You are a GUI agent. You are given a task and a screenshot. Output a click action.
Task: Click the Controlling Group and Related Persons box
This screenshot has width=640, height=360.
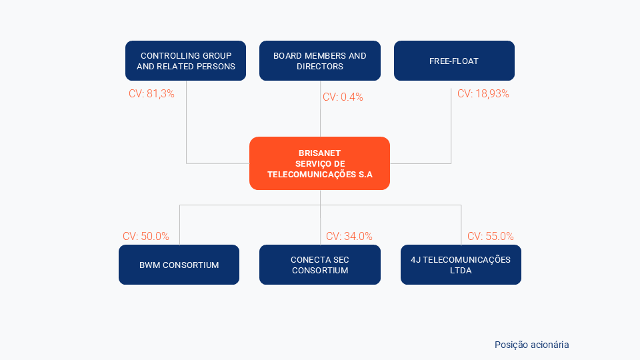pyautogui.click(x=186, y=61)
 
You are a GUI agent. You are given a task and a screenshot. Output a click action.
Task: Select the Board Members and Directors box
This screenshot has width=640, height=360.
pyautogui.click(x=320, y=61)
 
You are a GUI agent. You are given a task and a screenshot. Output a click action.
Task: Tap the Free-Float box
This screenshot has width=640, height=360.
pyautogui.click(x=454, y=61)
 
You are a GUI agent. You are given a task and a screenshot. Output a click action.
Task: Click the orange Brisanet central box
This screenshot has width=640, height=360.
pyautogui.click(x=319, y=163)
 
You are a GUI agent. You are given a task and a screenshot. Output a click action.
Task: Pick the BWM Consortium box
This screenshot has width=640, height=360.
pyautogui.click(x=179, y=265)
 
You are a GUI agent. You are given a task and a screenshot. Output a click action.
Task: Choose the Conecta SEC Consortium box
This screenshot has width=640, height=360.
pyautogui.click(x=320, y=265)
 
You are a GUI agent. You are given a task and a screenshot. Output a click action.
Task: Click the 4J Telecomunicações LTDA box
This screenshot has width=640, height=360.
pyautogui.click(x=461, y=265)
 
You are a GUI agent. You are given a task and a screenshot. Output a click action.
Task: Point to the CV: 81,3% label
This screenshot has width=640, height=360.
pyautogui.click(x=151, y=94)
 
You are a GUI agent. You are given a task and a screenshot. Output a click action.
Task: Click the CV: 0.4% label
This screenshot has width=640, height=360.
pyautogui.click(x=343, y=97)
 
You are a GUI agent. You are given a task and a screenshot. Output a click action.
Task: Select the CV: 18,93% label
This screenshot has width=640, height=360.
pyautogui.click(x=483, y=94)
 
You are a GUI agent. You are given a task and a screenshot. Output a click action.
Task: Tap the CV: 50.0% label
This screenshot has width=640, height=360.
pyautogui.click(x=146, y=236)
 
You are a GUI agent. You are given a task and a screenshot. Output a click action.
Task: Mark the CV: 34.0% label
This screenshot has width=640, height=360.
pyautogui.click(x=349, y=236)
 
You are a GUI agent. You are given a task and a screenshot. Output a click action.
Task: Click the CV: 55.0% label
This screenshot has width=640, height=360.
pyautogui.click(x=491, y=236)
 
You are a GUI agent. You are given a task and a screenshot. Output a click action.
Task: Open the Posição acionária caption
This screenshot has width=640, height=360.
pyautogui.click(x=532, y=345)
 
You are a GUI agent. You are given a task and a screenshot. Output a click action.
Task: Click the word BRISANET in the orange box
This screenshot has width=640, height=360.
pyautogui.click(x=319, y=153)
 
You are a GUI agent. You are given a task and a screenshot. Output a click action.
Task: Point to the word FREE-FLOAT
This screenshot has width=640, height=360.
pyautogui.click(x=454, y=61)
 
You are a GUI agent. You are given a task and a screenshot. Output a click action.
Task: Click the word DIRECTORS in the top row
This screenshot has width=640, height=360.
pyautogui.click(x=320, y=67)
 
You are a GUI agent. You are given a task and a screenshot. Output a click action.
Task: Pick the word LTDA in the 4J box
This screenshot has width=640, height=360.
pyautogui.click(x=461, y=271)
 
